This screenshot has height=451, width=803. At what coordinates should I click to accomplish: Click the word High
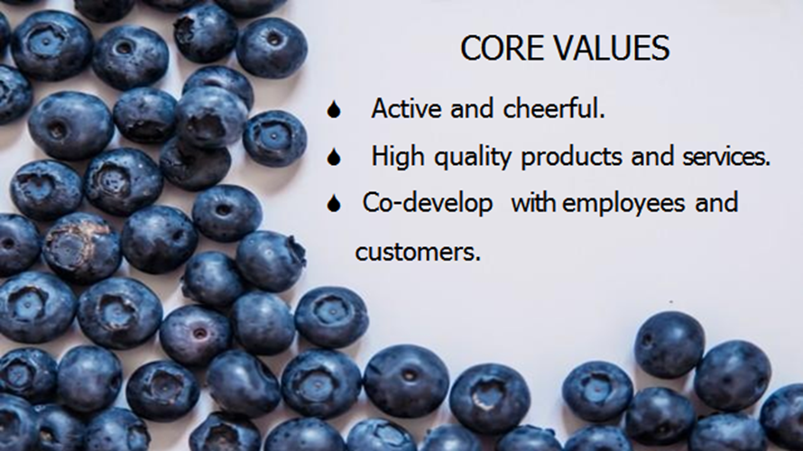tap(393, 157)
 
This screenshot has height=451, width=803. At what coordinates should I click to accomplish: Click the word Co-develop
tap(428, 204)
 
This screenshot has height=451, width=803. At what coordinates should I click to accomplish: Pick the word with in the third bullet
tap(535, 203)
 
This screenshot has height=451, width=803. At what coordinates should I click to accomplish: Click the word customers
tap(418, 252)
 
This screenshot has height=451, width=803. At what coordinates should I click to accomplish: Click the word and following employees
tap(716, 203)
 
